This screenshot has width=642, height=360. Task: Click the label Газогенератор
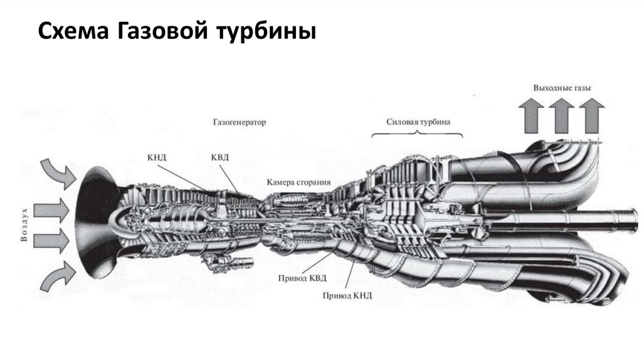(234, 123)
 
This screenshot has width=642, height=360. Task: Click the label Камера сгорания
(298, 183)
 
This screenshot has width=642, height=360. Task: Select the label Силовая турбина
(417, 122)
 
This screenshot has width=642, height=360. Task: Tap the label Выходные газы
(562, 88)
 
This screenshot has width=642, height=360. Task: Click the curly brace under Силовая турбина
(417, 134)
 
